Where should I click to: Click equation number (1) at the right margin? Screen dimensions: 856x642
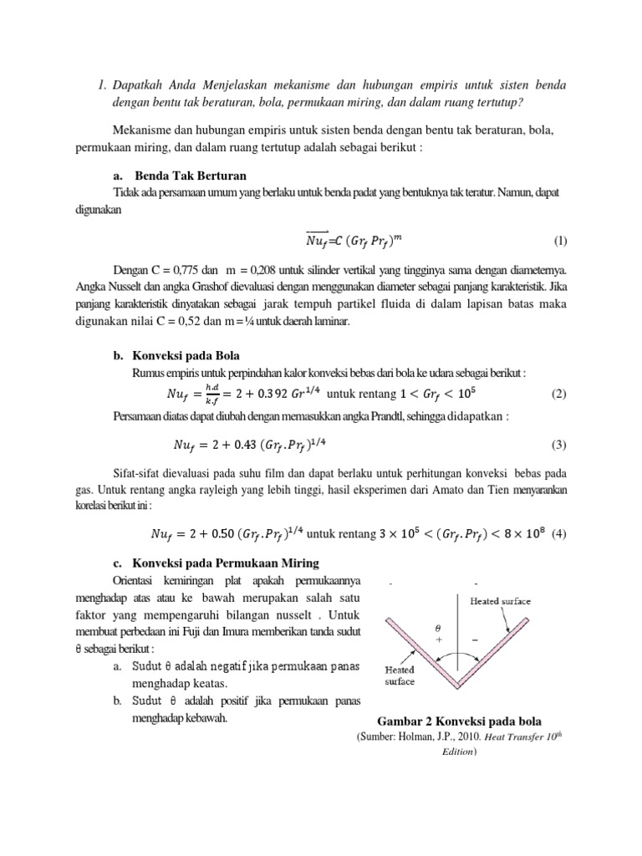[x=560, y=242]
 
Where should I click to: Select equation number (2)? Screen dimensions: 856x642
[x=560, y=394]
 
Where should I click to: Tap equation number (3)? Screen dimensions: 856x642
[x=560, y=445]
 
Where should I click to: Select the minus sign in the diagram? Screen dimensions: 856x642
[x=476, y=637]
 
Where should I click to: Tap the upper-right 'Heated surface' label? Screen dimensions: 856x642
[x=501, y=600]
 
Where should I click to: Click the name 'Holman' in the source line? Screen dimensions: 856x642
[x=412, y=737]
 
